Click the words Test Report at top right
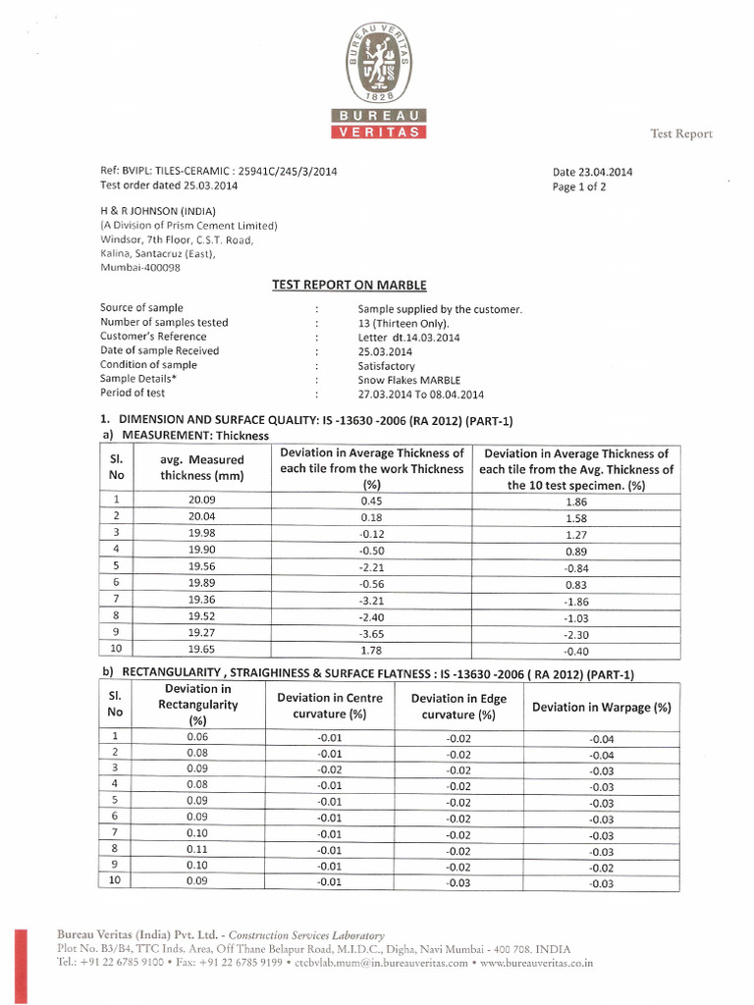point(680,133)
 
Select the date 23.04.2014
point(593,172)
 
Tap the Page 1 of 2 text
point(580,186)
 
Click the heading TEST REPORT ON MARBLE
point(349,285)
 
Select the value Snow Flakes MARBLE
point(409,379)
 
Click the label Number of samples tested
point(164,323)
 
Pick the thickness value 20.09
point(201,500)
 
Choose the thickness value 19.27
point(201,633)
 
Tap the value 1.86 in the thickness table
point(575,501)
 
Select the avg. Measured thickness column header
point(201,468)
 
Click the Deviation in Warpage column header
point(601,707)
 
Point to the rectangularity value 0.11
point(197,849)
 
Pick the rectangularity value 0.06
point(197,736)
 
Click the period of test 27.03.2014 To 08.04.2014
point(421,394)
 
